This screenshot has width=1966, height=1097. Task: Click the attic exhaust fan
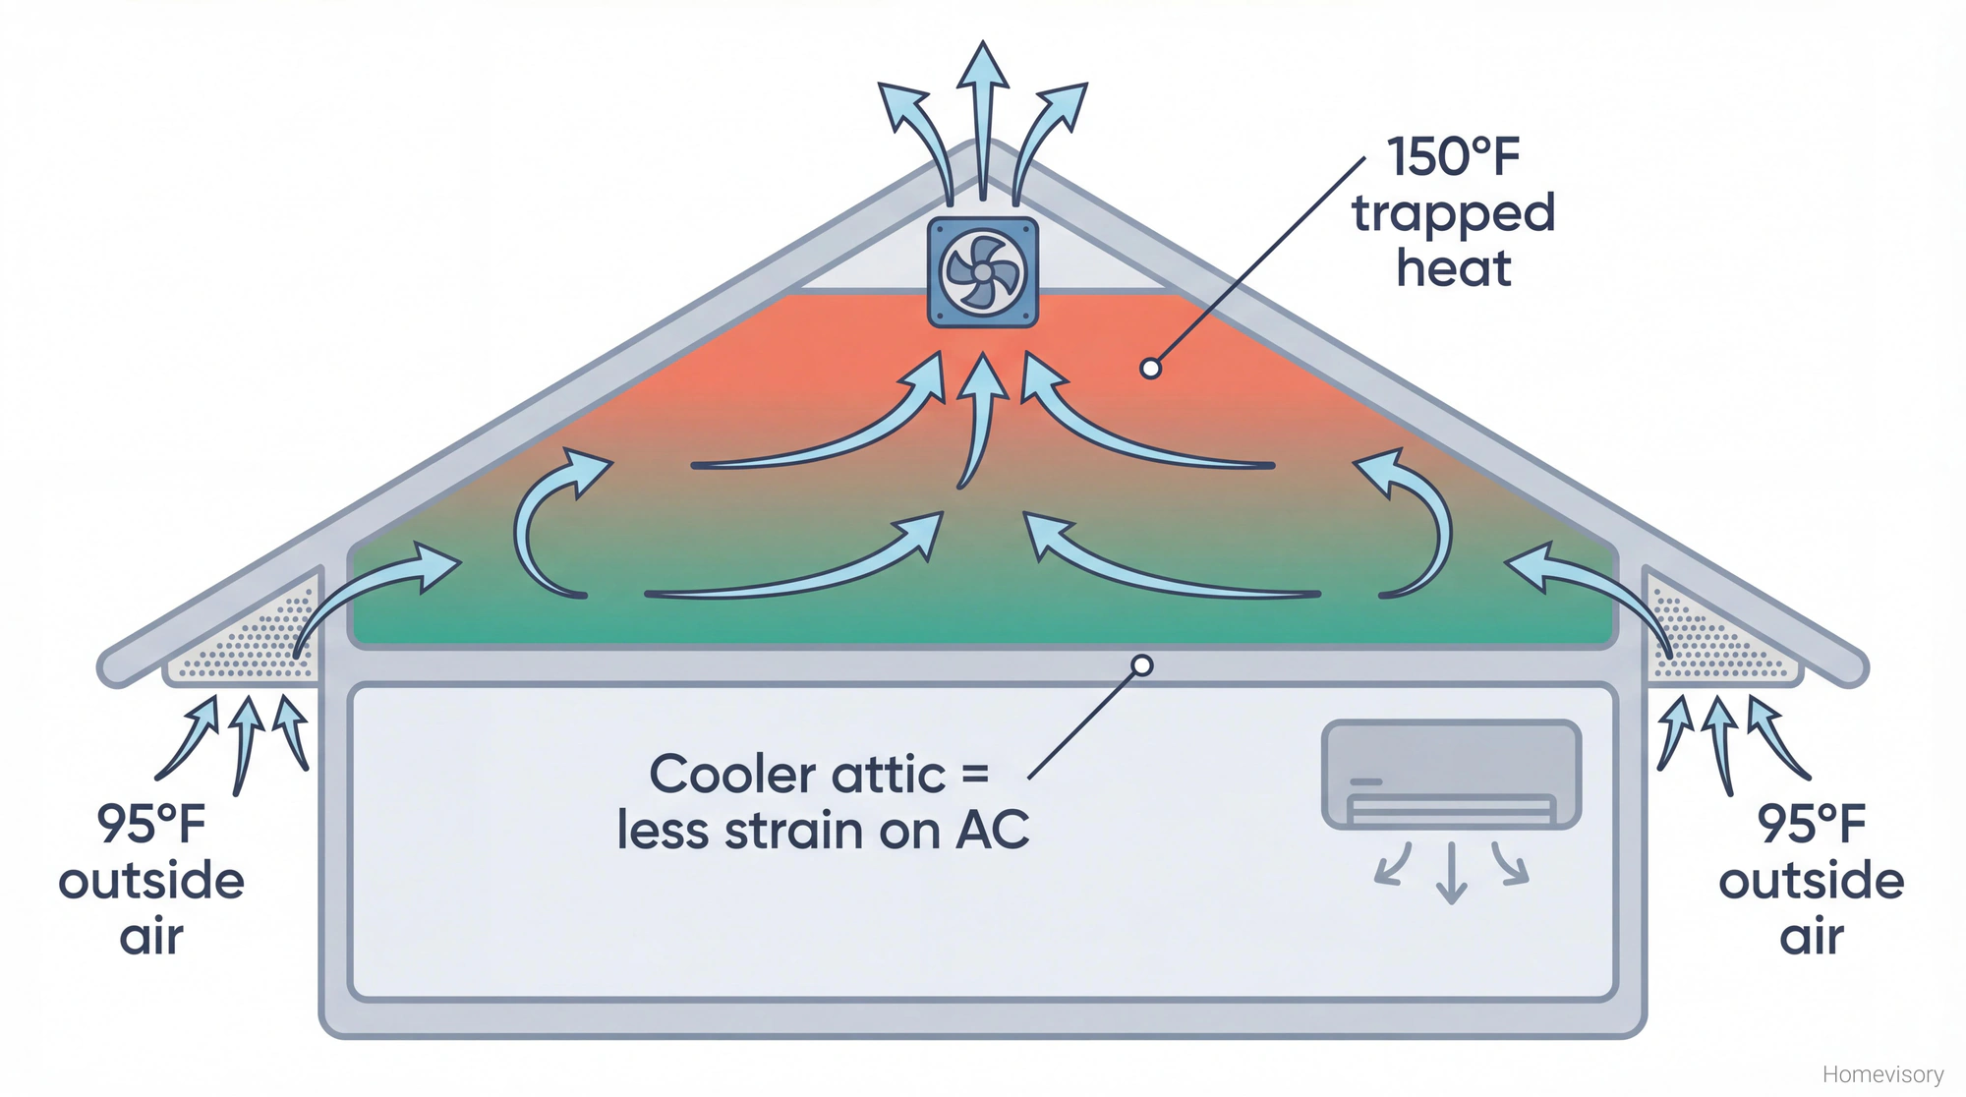(983, 272)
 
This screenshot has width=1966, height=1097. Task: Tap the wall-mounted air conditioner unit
(1451, 775)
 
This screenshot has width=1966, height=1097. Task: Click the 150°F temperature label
(1453, 157)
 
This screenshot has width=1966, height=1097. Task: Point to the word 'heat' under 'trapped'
(1453, 268)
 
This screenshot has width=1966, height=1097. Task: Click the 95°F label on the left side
(151, 824)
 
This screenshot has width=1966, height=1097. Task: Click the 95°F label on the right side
(1811, 824)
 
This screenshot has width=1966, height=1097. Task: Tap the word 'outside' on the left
(151, 881)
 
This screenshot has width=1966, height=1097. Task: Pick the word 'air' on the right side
(1811, 936)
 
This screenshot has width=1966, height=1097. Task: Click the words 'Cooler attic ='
(818, 775)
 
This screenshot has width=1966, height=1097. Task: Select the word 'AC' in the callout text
(993, 831)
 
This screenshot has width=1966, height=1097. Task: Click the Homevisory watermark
(1882, 1074)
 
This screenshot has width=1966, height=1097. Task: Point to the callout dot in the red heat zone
(1150, 369)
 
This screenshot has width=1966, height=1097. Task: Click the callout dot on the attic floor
(1141, 665)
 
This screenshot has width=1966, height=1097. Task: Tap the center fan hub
(983, 272)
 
